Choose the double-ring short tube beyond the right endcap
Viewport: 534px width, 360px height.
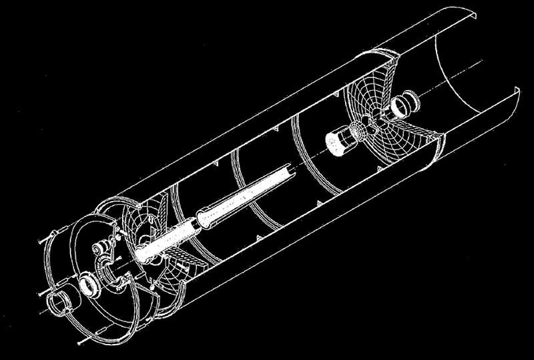[402, 106]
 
